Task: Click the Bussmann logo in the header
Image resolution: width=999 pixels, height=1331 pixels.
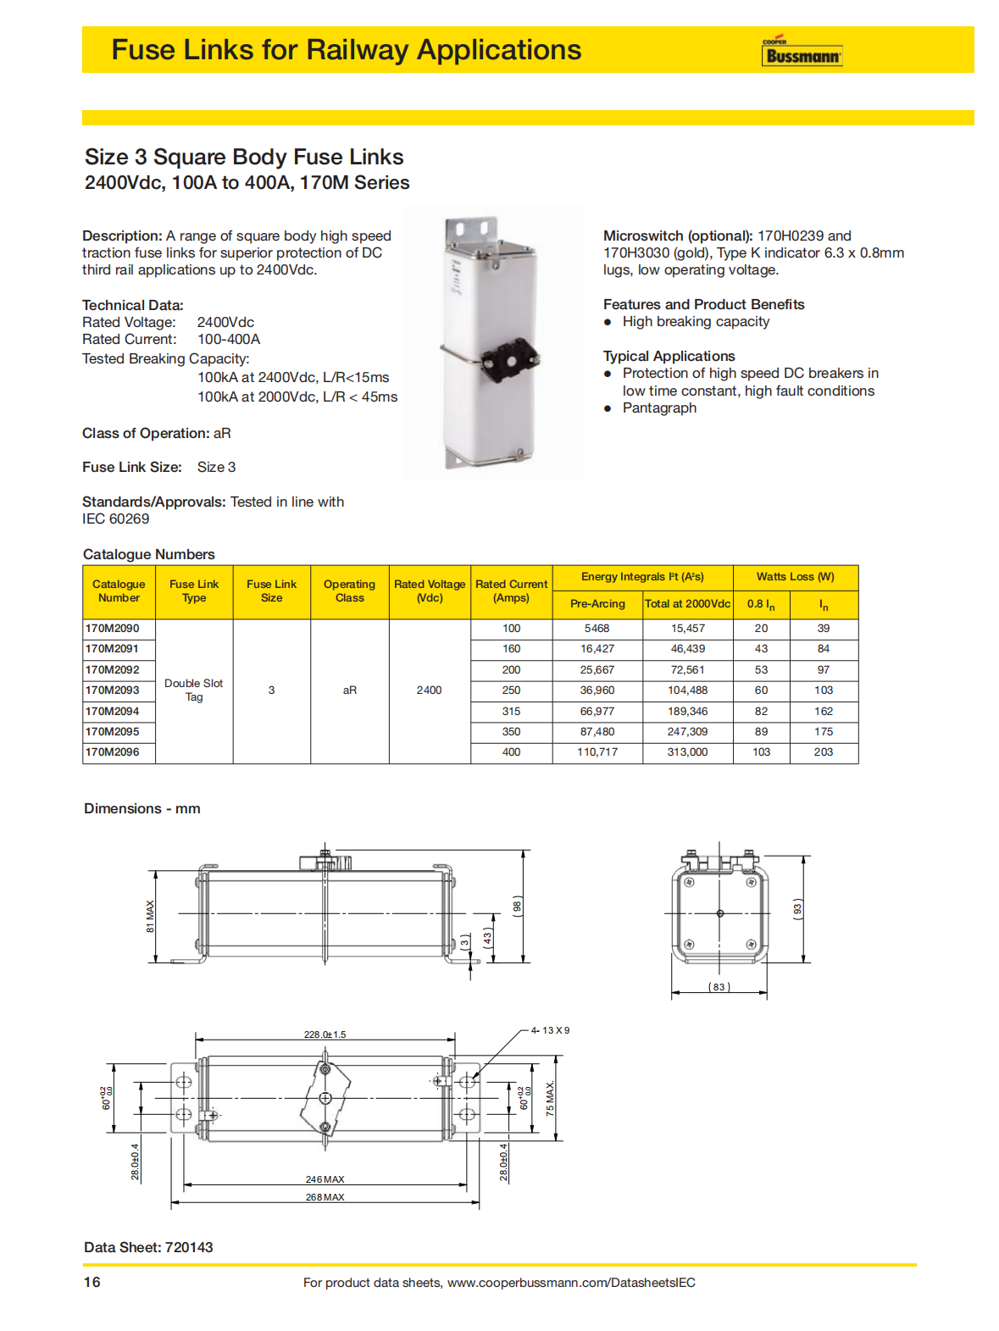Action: pyautogui.click(x=802, y=53)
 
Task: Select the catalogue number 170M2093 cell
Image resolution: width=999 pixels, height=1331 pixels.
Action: pyautogui.click(x=113, y=690)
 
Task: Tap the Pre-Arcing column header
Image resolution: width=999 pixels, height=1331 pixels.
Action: pyautogui.click(x=597, y=604)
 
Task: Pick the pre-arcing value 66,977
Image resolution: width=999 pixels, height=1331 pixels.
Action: pyautogui.click(x=597, y=712)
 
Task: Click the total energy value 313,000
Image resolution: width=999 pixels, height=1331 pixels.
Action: pyautogui.click(x=687, y=752)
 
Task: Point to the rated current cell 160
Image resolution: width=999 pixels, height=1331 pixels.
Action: pyautogui.click(x=511, y=649)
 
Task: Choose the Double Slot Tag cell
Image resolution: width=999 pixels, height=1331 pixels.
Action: pyautogui.click(x=194, y=690)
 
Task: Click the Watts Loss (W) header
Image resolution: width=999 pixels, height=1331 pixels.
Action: pyautogui.click(x=795, y=577)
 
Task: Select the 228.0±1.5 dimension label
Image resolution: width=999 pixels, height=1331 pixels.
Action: pyautogui.click(x=325, y=1034)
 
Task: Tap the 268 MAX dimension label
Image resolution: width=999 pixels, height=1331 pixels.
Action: pyautogui.click(x=325, y=1197)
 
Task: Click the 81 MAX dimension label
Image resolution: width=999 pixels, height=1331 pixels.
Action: pyautogui.click(x=151, y=916)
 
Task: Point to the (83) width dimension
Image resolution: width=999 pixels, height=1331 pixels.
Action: pyautogui.click(x=719, y=987)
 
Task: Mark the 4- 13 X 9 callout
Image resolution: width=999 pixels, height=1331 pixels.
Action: pyautogui.click(x=550, y=1030)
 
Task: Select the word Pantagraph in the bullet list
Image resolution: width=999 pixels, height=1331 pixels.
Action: pyautogui.click(x=659, y=408)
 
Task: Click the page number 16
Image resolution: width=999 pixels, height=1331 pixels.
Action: pyautogui.click(x=92, y=1282)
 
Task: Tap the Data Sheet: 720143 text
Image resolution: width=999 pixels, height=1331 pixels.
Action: pyautogui.click(x=148, y=1247)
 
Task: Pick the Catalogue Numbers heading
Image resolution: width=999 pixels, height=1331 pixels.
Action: pyautogui.click(x=149, y=554)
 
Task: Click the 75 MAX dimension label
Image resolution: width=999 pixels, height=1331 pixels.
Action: pyautogui.click(x=551, y=1098)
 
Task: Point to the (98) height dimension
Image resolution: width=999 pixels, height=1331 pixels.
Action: pyautogui.click(x=518, y=905)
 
